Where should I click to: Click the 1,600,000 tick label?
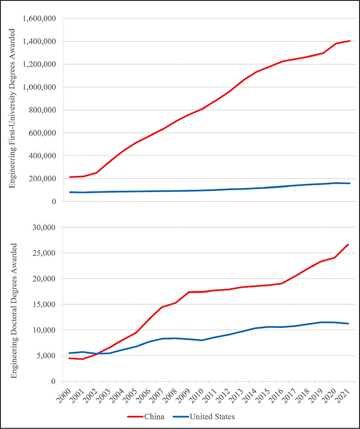point(39,19)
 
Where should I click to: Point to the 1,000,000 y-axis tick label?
point(39,87)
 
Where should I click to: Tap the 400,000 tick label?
point(42,156)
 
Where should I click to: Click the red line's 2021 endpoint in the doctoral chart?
point(349,244)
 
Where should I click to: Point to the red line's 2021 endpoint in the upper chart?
point(350,41)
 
